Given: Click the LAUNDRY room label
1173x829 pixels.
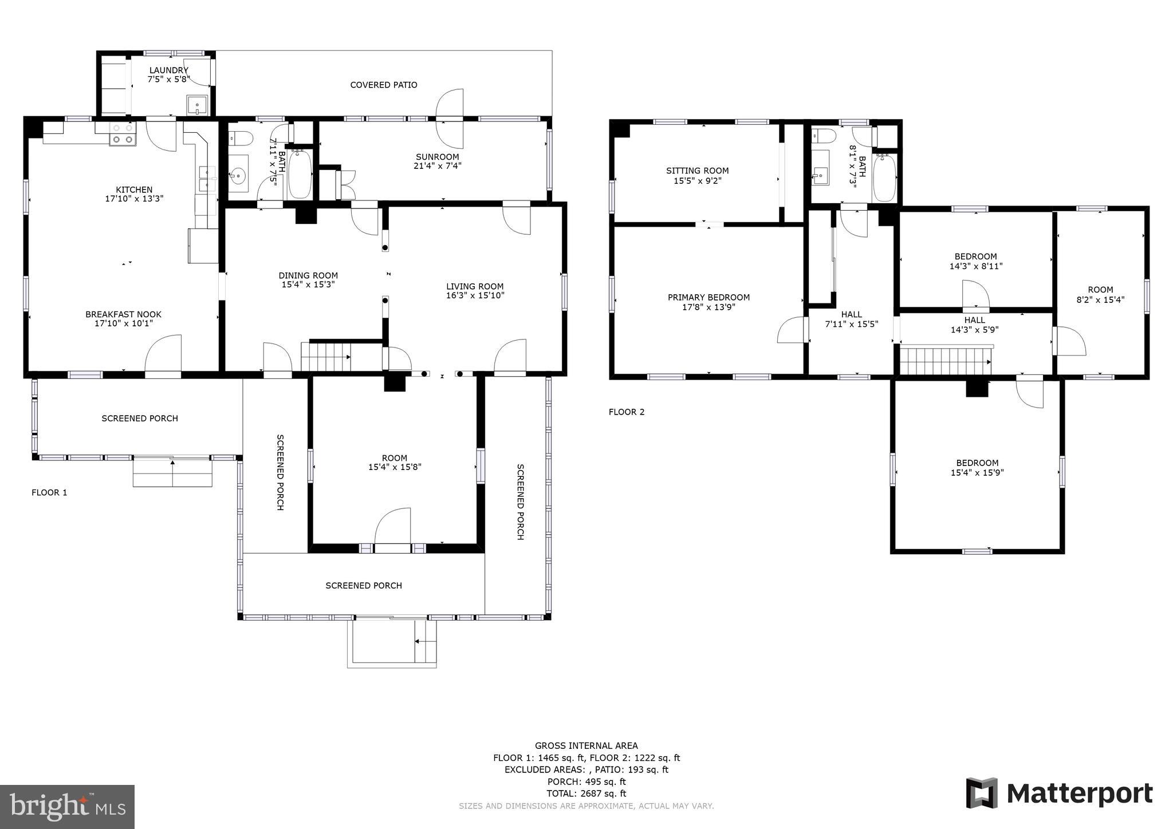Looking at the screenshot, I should pyautogui.click(x=168, y=70).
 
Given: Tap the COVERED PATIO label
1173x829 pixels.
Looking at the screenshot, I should pyautogui.click(x=383, y=85).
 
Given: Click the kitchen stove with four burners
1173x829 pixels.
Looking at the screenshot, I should pyautogui.click(x=123, y=134).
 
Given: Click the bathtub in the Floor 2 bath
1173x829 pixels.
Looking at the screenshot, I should pyautogui.click(x=884, y=177).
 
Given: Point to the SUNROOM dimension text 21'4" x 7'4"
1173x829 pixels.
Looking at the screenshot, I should pyautogui.click(x=437, y=166).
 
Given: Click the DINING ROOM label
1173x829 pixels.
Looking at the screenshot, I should pyautogui.click(x=308, y=275).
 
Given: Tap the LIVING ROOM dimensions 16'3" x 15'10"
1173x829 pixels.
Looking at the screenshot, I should pyautogui.click(x=475, y=295).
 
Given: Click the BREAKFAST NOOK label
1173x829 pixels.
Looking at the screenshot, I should pyautogui.click(x=123, y=314).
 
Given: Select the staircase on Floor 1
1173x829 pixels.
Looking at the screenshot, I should pyautogui.click(x=325, y=357).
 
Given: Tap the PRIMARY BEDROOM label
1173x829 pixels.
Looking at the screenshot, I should pyautogui.click(x=708, y=297).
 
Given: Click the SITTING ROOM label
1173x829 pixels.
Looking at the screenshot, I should pyautogui.click(x=697, y=171).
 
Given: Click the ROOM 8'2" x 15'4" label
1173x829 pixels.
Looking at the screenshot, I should pyautogui.click(x=1100, y=294).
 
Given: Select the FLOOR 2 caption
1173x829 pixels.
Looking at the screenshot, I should pyautogui.click(x=626, y=412).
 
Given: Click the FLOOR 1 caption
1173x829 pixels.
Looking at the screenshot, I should pyautogui.click(x=49, y=492).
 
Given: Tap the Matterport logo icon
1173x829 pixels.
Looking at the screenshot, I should pyautogui.click(x=982, y=794).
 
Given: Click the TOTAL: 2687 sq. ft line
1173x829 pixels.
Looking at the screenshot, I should pyautogui.click(x=586, y=794).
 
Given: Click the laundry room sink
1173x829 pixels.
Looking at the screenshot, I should pyautogui.click(x=196, y=106).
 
